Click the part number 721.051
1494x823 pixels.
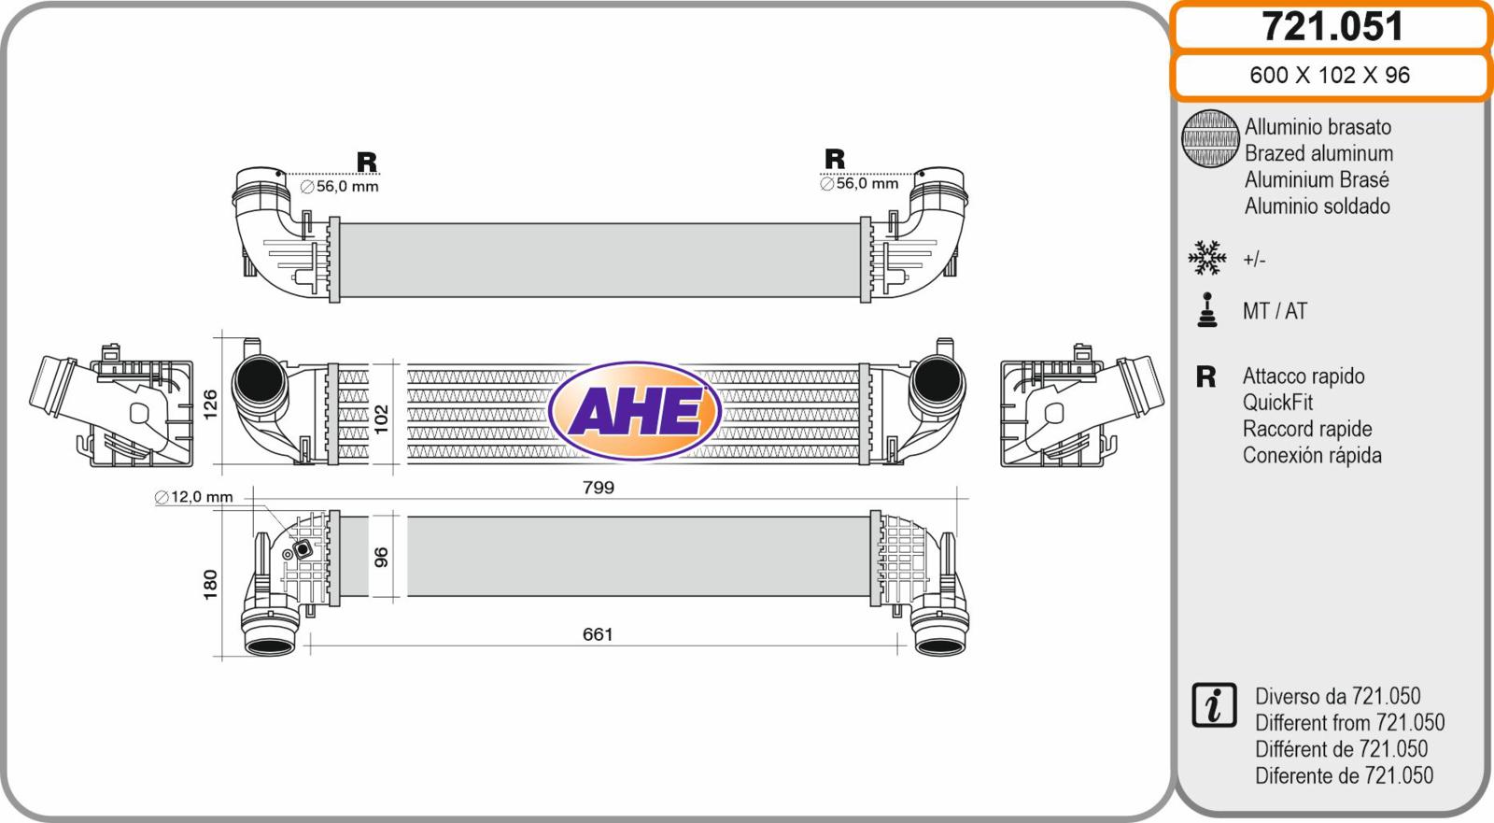(1332, 27)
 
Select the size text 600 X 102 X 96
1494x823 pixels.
(1330, 75)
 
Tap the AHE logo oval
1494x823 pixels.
(634, 410)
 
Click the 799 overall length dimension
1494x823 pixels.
(599, 488)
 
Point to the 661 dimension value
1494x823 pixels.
(598, 634)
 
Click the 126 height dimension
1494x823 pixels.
(210, 404)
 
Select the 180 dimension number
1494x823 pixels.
(210, 585)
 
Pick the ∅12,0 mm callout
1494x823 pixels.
(193, 497)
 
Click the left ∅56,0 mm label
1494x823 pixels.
(340, 186)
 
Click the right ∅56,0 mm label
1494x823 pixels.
(859, 183)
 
